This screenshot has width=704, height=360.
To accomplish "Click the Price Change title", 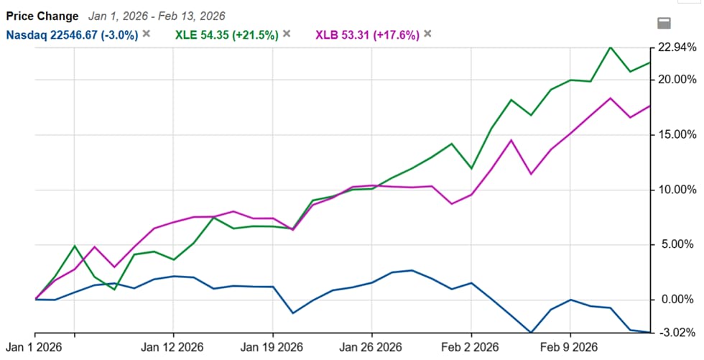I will click(x=42, y=16).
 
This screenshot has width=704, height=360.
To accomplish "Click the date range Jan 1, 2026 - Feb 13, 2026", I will click(x=157, y=16).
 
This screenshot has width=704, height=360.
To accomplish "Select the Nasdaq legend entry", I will click(x=73, y=34).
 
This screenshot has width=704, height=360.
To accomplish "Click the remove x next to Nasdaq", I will click(x=147, y=34).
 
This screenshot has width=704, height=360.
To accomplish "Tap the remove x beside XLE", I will click(x=287, y=34).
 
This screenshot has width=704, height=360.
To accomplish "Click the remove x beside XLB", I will click(x=427, y=34).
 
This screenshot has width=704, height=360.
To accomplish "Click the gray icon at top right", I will click(x=664, y=22).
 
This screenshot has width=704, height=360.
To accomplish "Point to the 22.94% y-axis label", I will click(x=677, y=47).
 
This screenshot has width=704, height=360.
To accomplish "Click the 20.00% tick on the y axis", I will click(x=677, y=79).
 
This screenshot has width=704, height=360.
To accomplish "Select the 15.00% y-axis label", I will click(x=677, y=134).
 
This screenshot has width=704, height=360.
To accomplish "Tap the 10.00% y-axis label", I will click(x=677, y=190).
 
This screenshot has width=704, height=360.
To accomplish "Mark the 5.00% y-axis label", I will click(x=679, y=244).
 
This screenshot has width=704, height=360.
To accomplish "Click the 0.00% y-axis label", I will click(x=679, y=299).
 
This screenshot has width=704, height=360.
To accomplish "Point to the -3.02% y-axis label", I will click(x=677, y=333).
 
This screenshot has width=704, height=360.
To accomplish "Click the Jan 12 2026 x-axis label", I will click(x=173, y=347).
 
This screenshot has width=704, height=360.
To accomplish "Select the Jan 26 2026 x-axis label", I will click(x=371, y=347).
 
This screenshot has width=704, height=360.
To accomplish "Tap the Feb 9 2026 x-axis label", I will click(x=570, y=347).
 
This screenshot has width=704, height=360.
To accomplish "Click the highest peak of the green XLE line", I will click(x=610, y=47).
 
